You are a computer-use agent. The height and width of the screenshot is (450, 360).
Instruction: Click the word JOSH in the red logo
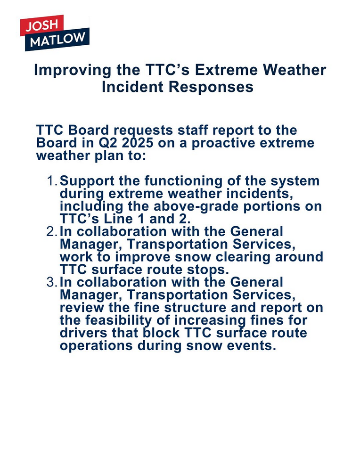click(42, 25)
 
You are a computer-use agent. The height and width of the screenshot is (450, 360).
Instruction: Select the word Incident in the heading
click(132, 87)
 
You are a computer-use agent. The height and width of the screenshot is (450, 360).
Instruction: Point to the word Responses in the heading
click(211, 87)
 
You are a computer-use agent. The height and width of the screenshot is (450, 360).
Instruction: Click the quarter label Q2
click(108, 143)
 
